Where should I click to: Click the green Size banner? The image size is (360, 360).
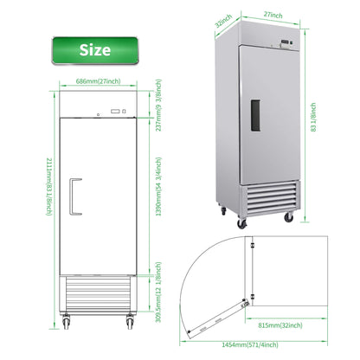94,49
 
